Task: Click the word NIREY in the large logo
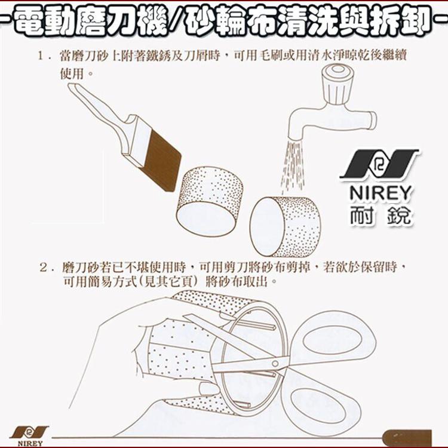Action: pos(380,192)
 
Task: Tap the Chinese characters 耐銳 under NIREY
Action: pos(380,214)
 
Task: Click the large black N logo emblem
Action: pos(380,164)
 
